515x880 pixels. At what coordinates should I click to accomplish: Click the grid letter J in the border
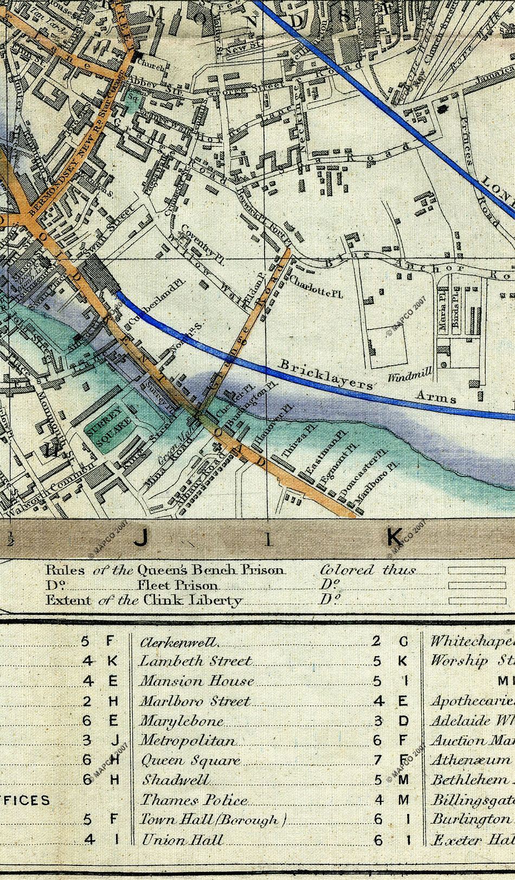click(140, 538)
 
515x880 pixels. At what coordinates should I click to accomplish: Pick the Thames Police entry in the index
click(194, 800)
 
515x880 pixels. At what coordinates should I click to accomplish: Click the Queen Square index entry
click(190, 761)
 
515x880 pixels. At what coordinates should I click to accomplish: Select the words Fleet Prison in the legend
click(177, 585)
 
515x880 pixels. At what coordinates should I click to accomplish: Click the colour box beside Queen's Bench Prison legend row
click(477, 571)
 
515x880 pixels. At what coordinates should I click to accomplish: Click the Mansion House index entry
click(197, 681)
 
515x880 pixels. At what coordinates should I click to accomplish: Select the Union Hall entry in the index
click(182, 840)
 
